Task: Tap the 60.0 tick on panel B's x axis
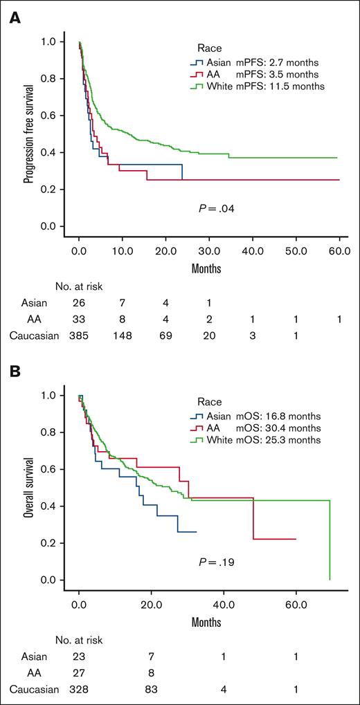[x=296, y=600]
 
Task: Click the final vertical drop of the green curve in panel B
[x=330, y=540]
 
